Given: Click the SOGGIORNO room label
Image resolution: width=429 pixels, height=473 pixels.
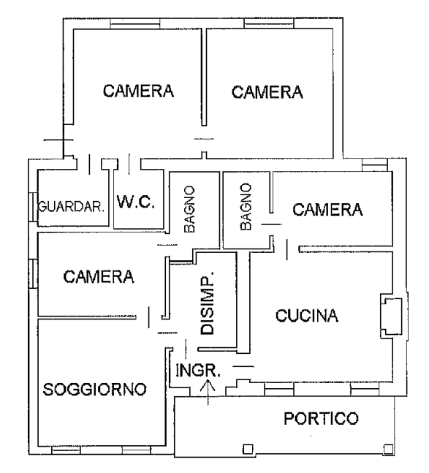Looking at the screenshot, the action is point(95,389).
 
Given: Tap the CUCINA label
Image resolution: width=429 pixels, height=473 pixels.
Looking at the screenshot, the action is point(307,316).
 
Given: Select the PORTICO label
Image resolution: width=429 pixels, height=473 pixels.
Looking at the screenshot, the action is point(322,418).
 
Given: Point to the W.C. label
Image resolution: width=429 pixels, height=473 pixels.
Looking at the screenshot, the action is point(136,202).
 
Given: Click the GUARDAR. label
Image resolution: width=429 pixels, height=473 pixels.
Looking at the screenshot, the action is point(71,207).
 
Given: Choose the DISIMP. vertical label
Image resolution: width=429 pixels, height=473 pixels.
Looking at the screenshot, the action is point(208,303).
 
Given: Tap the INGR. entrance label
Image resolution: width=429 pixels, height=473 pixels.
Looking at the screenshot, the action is point(198,371).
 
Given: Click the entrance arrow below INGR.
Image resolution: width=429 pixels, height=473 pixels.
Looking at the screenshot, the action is point(208,393).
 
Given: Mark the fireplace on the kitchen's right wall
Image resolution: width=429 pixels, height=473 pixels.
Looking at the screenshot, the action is point(391,316).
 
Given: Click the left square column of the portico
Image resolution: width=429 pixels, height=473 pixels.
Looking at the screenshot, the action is point(248,449).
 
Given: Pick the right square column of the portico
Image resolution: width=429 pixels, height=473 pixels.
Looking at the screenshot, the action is point(388,449).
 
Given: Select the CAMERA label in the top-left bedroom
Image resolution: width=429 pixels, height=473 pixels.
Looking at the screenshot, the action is point(138,91).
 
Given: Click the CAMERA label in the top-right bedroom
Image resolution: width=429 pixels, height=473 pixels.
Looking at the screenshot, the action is point(267,92).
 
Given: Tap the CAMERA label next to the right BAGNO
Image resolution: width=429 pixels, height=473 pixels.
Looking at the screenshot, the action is point(327,210).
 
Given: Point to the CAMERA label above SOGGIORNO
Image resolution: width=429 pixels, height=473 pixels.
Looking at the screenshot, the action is point(99,276).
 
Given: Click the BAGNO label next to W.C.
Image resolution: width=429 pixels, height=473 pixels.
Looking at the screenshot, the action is point(189,209).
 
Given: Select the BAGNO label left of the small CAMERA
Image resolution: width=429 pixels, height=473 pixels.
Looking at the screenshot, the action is point(246,207).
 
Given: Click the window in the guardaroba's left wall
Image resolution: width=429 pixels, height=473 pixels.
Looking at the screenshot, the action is point(33,207).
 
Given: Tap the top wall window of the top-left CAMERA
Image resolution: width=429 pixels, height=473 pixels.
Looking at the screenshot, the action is point(134,23).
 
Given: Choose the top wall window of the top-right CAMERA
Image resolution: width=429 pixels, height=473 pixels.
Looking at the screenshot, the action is point(269,23).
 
